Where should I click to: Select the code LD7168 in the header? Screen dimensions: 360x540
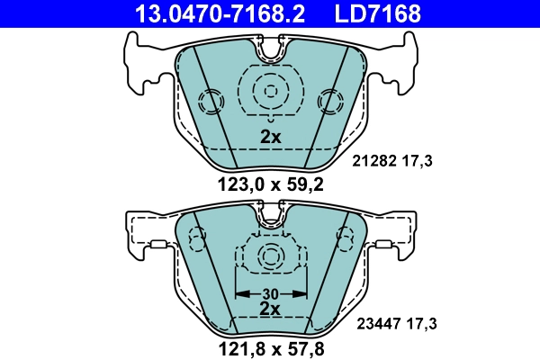[x=378, y=13]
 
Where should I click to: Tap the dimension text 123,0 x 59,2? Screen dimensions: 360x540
[x=270, y=186]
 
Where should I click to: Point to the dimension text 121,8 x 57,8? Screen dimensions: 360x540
[x=270, y=346]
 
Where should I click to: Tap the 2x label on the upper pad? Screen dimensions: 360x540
[x=270, y=138]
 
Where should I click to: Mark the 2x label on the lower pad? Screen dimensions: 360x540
[x=270, y=308]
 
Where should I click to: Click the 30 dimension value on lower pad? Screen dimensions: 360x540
[x=270, y=292]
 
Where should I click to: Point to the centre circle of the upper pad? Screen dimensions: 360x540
[x=270, y=90]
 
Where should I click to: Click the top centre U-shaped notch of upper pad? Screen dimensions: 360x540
[x=270, y=52]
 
